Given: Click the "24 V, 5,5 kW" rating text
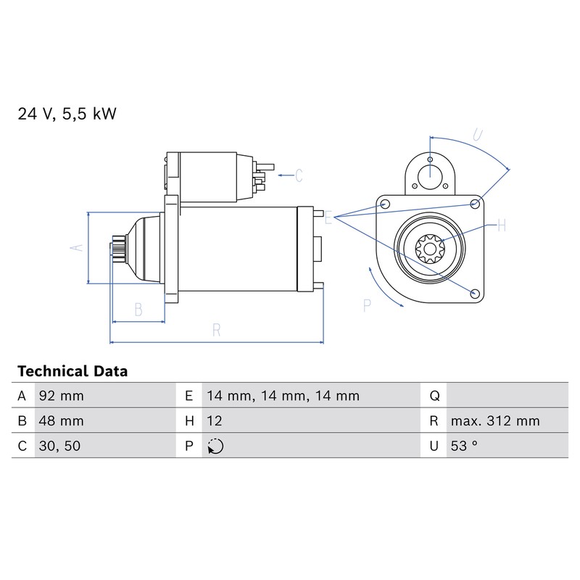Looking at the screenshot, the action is (x=67, y=114).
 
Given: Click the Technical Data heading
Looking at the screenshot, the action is (x=72, y=371).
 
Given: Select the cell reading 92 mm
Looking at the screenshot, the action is (x=62, y=396).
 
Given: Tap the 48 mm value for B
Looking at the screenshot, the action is (x=62, y=421).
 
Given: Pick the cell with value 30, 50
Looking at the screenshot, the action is (x=59, y=446).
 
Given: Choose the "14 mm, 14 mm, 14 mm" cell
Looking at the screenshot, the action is (x=283, y=396).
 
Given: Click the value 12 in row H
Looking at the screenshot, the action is (x=215, y=421).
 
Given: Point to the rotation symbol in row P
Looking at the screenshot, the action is (x=215, y=446).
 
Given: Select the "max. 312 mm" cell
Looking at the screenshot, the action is (x=495, y=421).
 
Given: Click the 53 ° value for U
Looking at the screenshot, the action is (x=464, y=446).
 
